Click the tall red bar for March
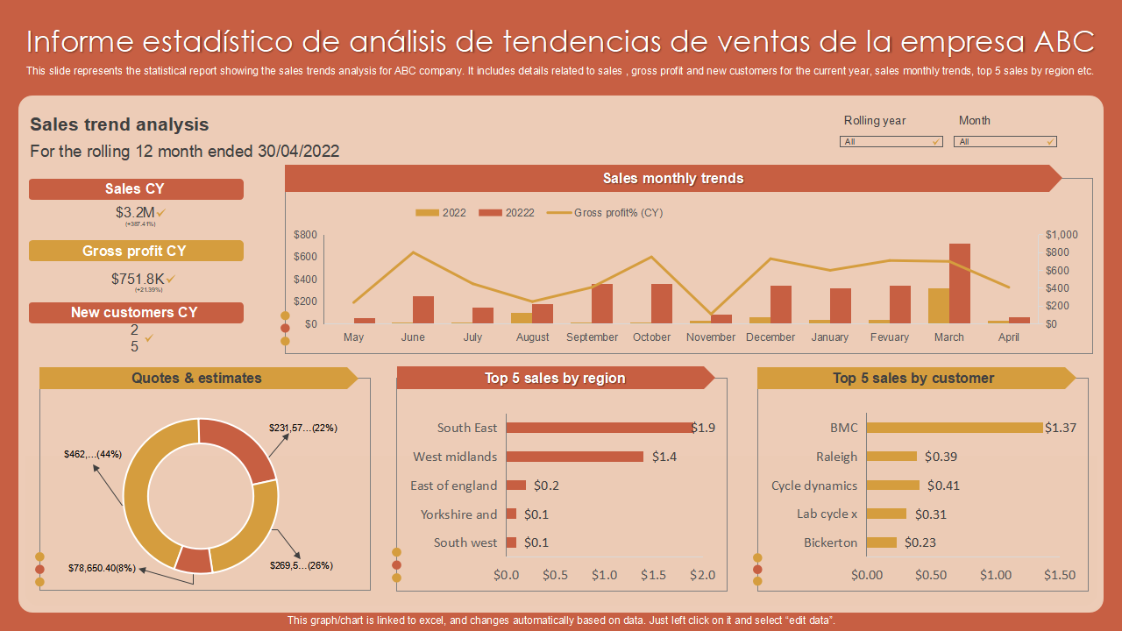(960, 283)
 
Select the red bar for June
(423, 309)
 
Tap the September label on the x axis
(593, 337)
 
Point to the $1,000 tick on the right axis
(1062, 235)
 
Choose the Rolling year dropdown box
(891, 142)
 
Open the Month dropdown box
(1005, 142)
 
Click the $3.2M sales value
(135, 212)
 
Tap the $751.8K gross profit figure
(138, 279)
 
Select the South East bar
(599, 428)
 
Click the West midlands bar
(574, 457)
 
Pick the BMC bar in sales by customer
(955, 428)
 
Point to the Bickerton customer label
(830, 542)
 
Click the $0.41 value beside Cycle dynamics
(943, 486)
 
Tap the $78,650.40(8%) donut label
(102, 568)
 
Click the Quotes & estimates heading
(196, 379)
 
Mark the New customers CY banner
(135, 313)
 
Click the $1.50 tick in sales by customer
(1060, 575)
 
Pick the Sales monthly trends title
(672, 179)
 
